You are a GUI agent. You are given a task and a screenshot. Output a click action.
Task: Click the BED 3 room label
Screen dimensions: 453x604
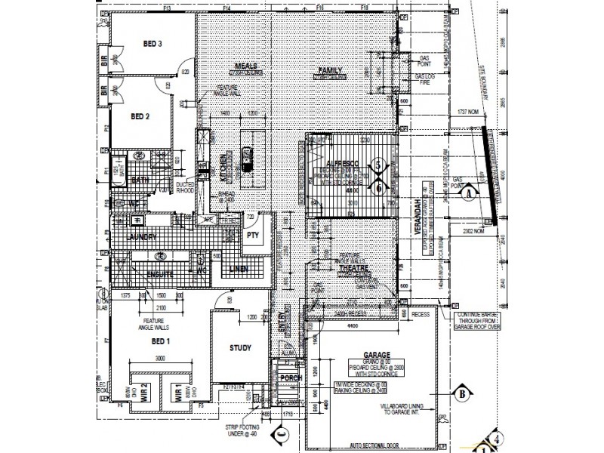tap(153, 45)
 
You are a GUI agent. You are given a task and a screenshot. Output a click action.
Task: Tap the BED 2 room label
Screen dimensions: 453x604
tap(141, 116)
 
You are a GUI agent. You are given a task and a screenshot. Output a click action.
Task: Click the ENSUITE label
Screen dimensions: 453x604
tap(159, 275)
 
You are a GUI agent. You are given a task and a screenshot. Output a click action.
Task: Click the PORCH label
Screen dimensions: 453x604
tap(290, 378)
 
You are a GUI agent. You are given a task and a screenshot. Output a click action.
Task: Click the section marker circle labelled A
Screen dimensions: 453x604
tap(470, 193)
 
